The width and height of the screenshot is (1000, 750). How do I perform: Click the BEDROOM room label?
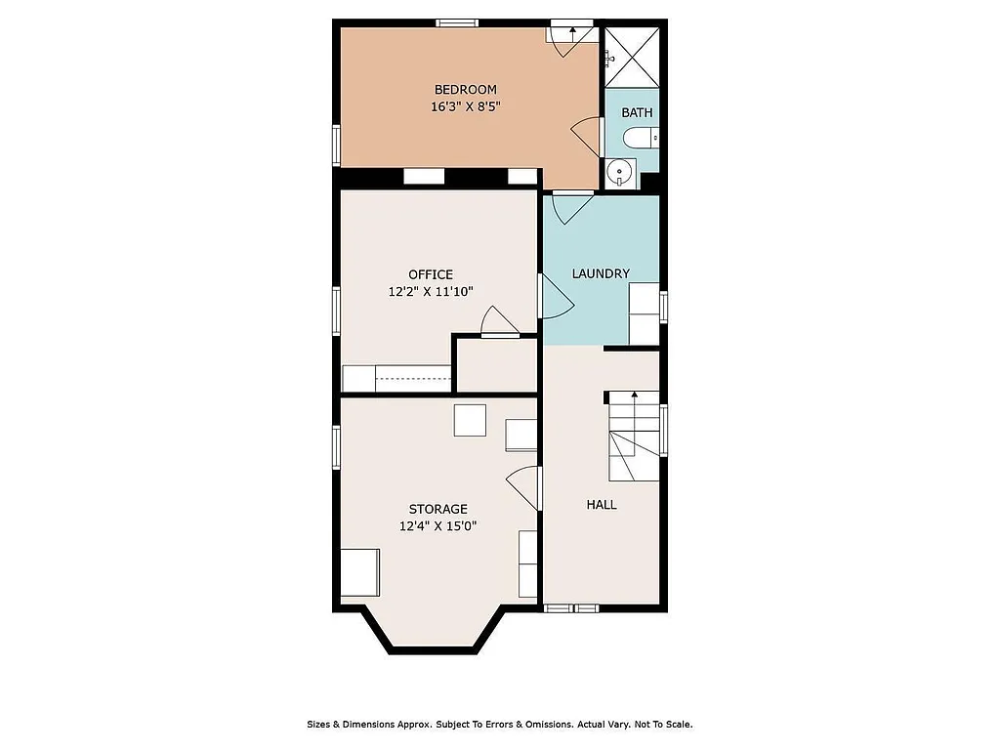coord(465,90)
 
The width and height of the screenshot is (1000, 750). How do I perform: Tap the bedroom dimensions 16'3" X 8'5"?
coord(465,107)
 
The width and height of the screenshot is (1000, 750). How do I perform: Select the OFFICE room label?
coord(431,274)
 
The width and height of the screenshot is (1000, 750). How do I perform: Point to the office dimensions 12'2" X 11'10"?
coord(431,291)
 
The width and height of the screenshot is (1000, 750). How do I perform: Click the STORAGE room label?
coord(437,509)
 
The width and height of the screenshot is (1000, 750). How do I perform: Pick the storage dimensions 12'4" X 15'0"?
coord(437,525)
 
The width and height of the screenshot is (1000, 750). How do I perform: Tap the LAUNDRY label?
coord(601,273)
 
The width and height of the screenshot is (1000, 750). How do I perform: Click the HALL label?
coord(602,505)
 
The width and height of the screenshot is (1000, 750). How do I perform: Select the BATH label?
coord(637,112)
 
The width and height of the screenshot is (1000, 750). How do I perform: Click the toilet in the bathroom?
coord(640,138)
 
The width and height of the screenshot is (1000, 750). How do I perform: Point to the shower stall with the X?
coord(633,57)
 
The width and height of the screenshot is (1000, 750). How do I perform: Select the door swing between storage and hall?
coord(525,485)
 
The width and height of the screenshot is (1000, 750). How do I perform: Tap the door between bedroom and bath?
coord(586,136)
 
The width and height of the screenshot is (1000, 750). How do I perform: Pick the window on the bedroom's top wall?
coord(456,22)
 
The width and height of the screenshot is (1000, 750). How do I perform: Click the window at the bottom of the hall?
coord(571,608)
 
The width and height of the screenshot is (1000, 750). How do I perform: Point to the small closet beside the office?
coord(497,366)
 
